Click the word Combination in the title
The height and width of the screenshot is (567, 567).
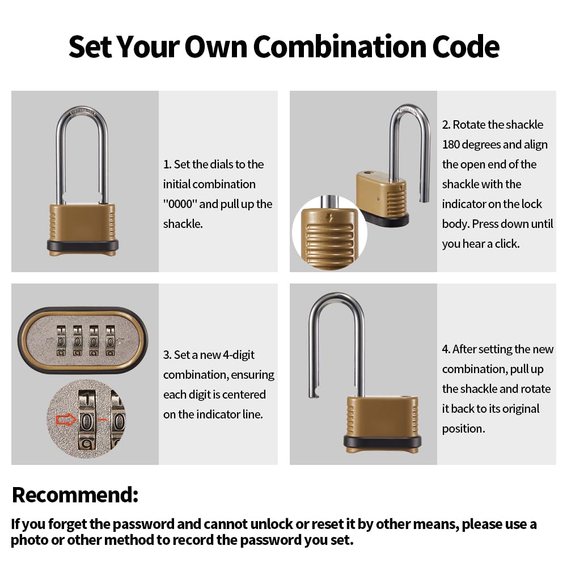coord(333,46)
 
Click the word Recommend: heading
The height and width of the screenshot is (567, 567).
coord(75,494)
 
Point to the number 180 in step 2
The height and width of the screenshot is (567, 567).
coord(452,145)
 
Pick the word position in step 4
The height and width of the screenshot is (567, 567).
coord(463,429)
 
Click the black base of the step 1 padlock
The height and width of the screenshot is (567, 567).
coord(83,246)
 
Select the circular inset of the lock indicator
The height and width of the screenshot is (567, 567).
coord(329,232)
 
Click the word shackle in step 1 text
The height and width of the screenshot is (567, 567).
coord(183,224)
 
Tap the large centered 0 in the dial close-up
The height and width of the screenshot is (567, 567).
coord(86,422)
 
